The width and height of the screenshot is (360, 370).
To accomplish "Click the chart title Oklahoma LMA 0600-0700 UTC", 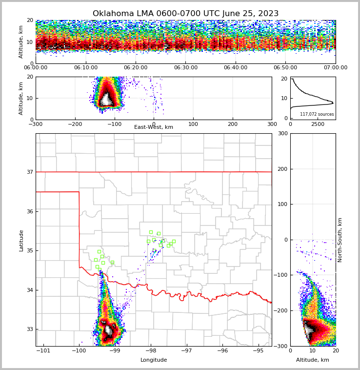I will pos(185,14).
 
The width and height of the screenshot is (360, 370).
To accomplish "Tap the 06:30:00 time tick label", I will pos(185,68).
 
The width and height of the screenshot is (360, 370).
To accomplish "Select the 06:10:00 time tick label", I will pos(85,68).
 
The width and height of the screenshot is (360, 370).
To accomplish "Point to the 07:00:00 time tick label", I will pos(335,68).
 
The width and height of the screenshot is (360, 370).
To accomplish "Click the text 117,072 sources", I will pos(317,114).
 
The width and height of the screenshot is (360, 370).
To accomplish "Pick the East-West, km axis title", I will pos(154,127).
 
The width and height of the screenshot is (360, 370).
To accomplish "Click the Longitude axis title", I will pos(154,360).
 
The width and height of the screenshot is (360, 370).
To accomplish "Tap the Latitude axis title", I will pos(21,240).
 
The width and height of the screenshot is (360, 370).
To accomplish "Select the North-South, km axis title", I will pos(340,240).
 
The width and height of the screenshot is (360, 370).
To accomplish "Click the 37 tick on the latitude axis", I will pos(29,172).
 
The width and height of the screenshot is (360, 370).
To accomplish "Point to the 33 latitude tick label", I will pos(29,329).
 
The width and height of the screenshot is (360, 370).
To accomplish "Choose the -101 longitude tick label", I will pos(44,351).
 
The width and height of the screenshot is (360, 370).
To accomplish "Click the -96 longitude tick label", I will pos(222,351).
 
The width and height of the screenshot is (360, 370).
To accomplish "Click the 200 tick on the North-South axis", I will pos(282,169).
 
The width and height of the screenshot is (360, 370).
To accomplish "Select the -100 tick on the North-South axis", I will pos(280,275).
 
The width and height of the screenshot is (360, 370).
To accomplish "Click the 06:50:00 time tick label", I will pos(285,68).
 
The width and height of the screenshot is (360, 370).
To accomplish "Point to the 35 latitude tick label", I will pos(29,251).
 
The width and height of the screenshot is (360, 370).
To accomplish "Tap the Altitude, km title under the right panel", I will pos(313,360).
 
